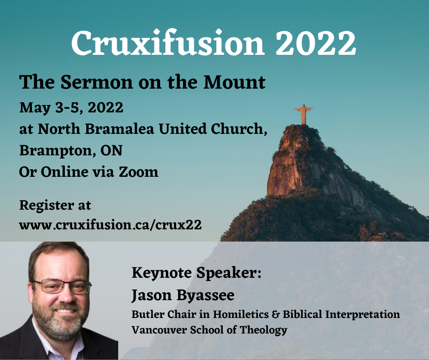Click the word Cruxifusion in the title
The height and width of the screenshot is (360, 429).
167,43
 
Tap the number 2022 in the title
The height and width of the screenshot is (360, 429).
316,43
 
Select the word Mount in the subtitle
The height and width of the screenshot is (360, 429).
234,82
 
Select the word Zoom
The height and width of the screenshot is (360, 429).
138,172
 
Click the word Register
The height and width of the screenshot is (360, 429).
47,206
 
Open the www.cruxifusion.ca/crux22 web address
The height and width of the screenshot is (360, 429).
110,225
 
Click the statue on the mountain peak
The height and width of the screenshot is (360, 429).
303,114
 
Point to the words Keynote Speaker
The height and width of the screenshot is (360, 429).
196,273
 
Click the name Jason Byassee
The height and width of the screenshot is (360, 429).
183,295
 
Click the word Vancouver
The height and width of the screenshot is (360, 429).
159,330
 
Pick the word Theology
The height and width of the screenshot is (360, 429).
263,330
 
